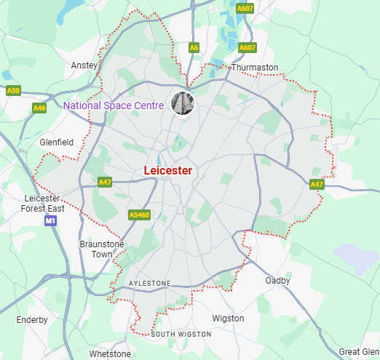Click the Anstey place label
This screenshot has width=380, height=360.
tap(84, 65)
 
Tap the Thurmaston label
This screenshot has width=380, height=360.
tap(255, 68)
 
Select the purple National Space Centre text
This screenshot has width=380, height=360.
tap(113, 106)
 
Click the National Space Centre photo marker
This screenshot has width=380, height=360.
tap(182, 103)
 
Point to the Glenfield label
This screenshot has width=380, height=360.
tap(56, 143)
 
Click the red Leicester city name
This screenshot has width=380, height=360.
tap(168, 170)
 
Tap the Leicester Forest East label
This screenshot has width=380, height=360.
tap(44, 204)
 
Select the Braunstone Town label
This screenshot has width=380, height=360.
tap(102, 249)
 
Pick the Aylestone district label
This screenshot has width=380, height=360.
tap(149, 283)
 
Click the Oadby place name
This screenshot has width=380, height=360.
tap(277, 281)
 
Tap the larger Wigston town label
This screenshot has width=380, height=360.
tap(228, 319)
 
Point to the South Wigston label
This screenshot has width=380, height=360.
tap(181, 335)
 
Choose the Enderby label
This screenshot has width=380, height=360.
tap(32, 320)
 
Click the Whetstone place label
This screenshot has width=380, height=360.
tap(110, 353)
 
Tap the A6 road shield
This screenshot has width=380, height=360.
tap(194, 47)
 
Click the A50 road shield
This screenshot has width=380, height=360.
tap(14, 91)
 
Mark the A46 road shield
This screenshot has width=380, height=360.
tap(39, 108)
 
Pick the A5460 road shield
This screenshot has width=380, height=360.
tap(138, 215)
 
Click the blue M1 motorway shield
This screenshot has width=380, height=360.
tap(50, 220)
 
